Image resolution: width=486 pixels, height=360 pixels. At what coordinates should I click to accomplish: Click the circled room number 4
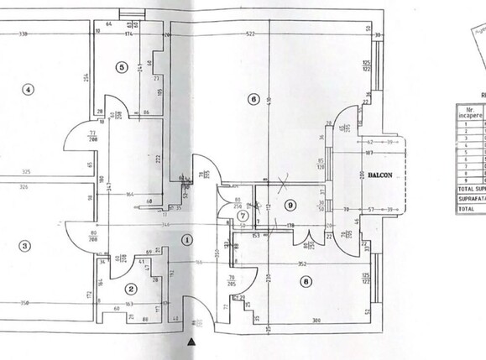(x=28, y=91)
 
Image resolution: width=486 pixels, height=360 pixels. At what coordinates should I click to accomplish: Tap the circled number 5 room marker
(x=121, y=67)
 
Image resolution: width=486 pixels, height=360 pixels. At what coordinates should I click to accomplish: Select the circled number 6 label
(x=253, y=99)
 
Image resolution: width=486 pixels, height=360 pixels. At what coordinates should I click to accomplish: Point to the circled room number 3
(x=25, y=246)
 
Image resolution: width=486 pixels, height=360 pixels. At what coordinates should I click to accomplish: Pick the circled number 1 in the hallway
(x=186, y=238)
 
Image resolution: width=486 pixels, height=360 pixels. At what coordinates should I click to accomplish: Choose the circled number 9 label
(x=290, y=204)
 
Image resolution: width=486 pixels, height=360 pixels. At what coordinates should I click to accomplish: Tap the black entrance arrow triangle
(x=192, y=342)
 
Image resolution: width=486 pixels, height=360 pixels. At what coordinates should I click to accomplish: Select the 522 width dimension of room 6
(x=250, y=34)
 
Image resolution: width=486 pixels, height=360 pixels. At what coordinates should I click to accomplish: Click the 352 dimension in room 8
(x=301, y=264)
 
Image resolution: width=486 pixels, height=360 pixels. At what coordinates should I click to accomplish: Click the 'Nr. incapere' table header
(x=470, y=112)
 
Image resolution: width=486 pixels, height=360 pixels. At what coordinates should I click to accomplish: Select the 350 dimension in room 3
(x=24, y=303)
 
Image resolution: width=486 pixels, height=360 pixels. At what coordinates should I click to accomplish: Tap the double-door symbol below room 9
(x=309, y=243)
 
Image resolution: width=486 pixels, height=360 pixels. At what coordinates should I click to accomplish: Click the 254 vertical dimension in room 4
(x=86, y=78)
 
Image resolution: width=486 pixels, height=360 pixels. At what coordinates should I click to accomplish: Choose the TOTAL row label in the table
(x=467, y=208)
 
